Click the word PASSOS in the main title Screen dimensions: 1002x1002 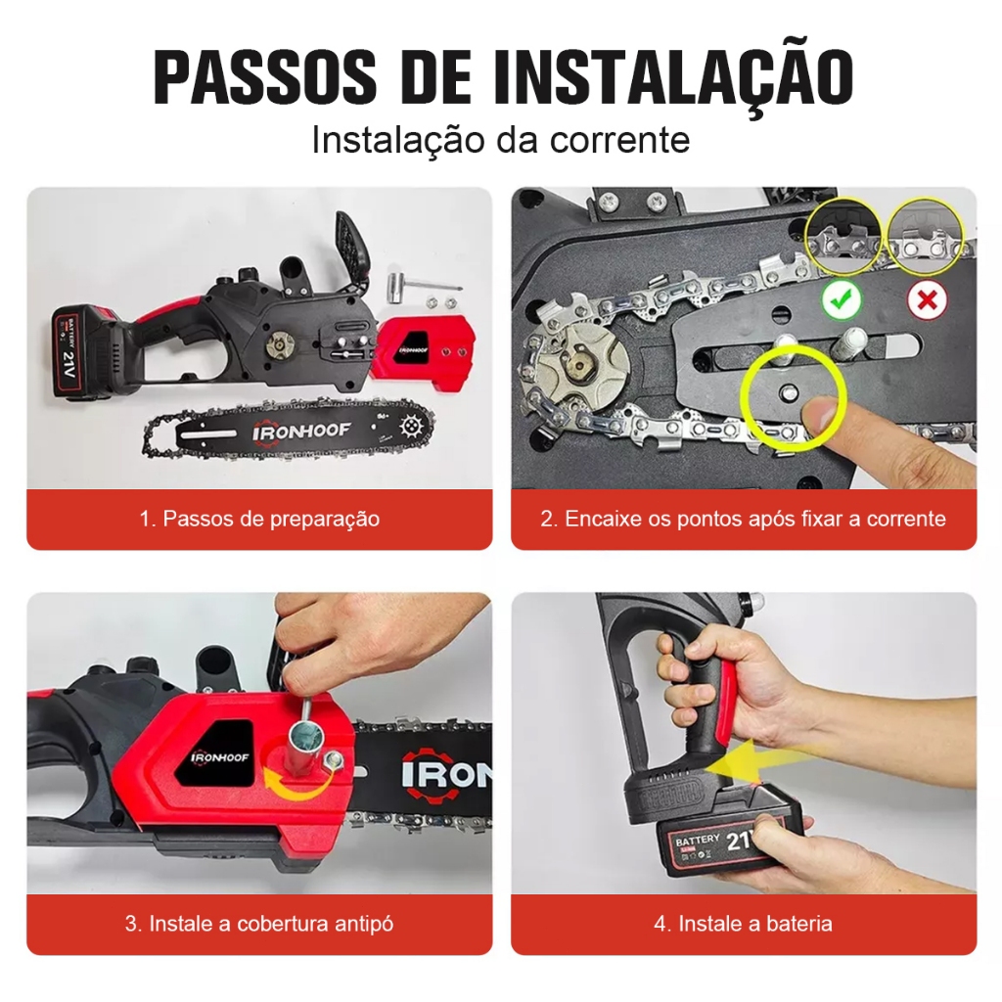pyautogui.click(x=265, y=76)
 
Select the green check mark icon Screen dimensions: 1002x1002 pyautogui.click(x=841, y=299)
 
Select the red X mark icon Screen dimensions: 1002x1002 pyautogui.click(x=927, y=299)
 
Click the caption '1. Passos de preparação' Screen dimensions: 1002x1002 pyautogui.click(x=259, y=519)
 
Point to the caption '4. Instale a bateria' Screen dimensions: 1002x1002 pyautogui.click(x=744, y=924)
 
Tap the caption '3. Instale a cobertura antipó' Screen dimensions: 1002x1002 pyautogui.click(x=259, y=924)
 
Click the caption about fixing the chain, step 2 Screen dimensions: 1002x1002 pyautogui.click(x=744, y=519)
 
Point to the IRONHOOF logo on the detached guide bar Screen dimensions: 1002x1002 pyautogui.click(x=301, y=432)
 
